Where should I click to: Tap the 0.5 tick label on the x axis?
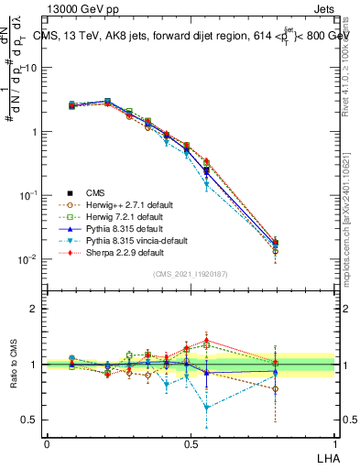pyautogui.click(x=191, y=442)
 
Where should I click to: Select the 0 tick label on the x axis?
pyautogui.click(x=47, y=442)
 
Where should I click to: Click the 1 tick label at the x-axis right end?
pyautogui.click(x=333, y=442)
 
